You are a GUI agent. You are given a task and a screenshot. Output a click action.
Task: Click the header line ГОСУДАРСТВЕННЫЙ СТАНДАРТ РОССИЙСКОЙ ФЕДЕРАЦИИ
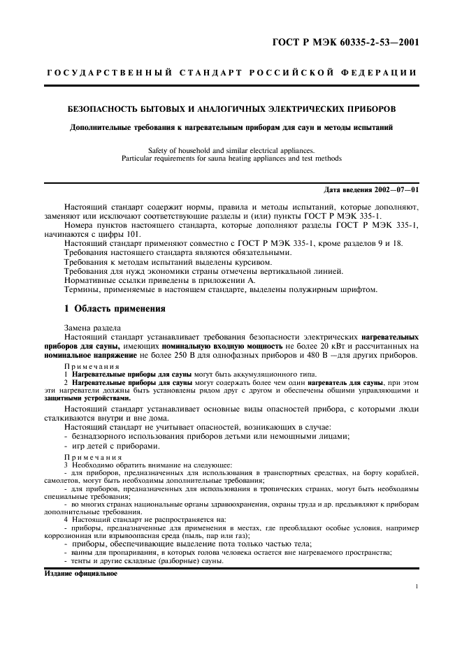(x=231, y=72)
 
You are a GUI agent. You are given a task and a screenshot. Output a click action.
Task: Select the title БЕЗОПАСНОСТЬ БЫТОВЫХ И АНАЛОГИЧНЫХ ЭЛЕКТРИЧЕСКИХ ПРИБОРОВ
(x=231, y=110)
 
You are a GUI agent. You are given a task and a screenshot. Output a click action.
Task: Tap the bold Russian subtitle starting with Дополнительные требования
(x=231, y=127)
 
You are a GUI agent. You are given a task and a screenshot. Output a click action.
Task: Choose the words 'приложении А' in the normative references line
(x=229, y=279)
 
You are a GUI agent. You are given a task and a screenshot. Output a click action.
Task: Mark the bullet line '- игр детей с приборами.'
(x=112, y=446)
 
